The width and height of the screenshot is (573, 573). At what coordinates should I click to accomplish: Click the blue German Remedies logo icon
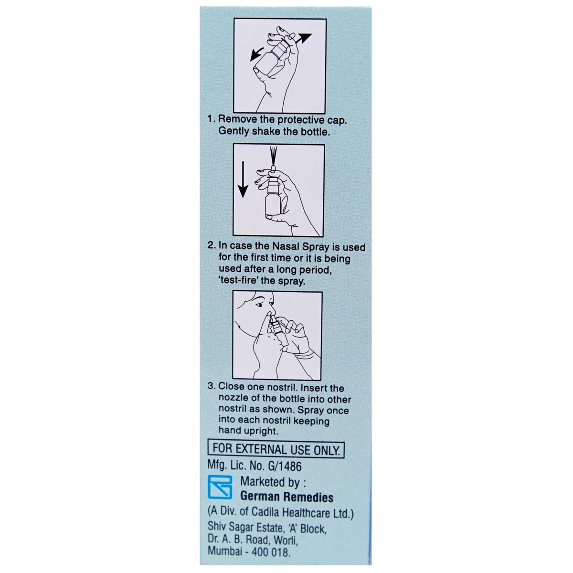[x=221, y=488]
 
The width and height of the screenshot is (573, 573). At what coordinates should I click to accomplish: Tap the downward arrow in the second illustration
[x=243, y=180]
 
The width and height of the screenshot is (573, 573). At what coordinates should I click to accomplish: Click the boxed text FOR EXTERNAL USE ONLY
[x=276, y=450]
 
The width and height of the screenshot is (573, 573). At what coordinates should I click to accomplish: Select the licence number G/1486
[x=286, y=466]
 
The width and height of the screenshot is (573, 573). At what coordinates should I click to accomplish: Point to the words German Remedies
[x=286, y=497]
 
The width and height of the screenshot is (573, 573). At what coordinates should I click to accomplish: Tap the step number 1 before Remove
[x=211, y=120]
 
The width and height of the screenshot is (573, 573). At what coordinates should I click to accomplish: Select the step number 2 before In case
[x=211, y=247]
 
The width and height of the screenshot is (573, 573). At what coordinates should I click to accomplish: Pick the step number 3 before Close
[x=211, y=388]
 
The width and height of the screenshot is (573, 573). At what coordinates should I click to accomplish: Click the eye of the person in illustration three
[x=259, y=304]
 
